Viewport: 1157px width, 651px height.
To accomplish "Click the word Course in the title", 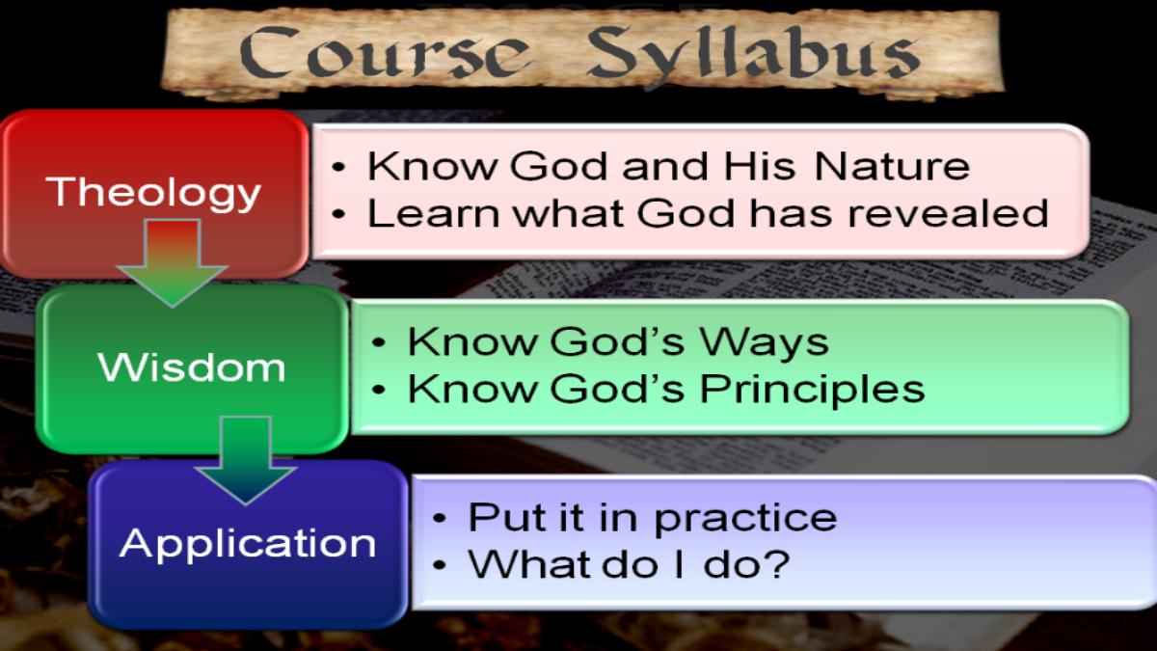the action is (385, 52).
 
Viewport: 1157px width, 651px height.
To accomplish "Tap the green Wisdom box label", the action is (192, 366).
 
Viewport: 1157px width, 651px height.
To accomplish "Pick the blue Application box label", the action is (248, 545).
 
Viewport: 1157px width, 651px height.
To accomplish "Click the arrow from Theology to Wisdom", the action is (172, 262).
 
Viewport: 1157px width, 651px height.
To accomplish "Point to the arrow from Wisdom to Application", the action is (246, 460).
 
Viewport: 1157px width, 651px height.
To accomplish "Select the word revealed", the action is (949, 213).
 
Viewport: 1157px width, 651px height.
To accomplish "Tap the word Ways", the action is (764, 343).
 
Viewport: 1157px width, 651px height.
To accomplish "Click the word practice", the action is (744, 519).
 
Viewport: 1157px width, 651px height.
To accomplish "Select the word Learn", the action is (433, 213).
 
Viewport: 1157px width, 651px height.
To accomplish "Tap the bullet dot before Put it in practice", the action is (440, 519).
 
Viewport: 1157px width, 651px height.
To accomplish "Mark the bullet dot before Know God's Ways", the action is (379, 342).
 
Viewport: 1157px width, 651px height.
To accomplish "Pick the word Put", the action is (507, 517).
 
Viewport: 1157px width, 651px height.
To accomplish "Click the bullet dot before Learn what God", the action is (338, 213).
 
